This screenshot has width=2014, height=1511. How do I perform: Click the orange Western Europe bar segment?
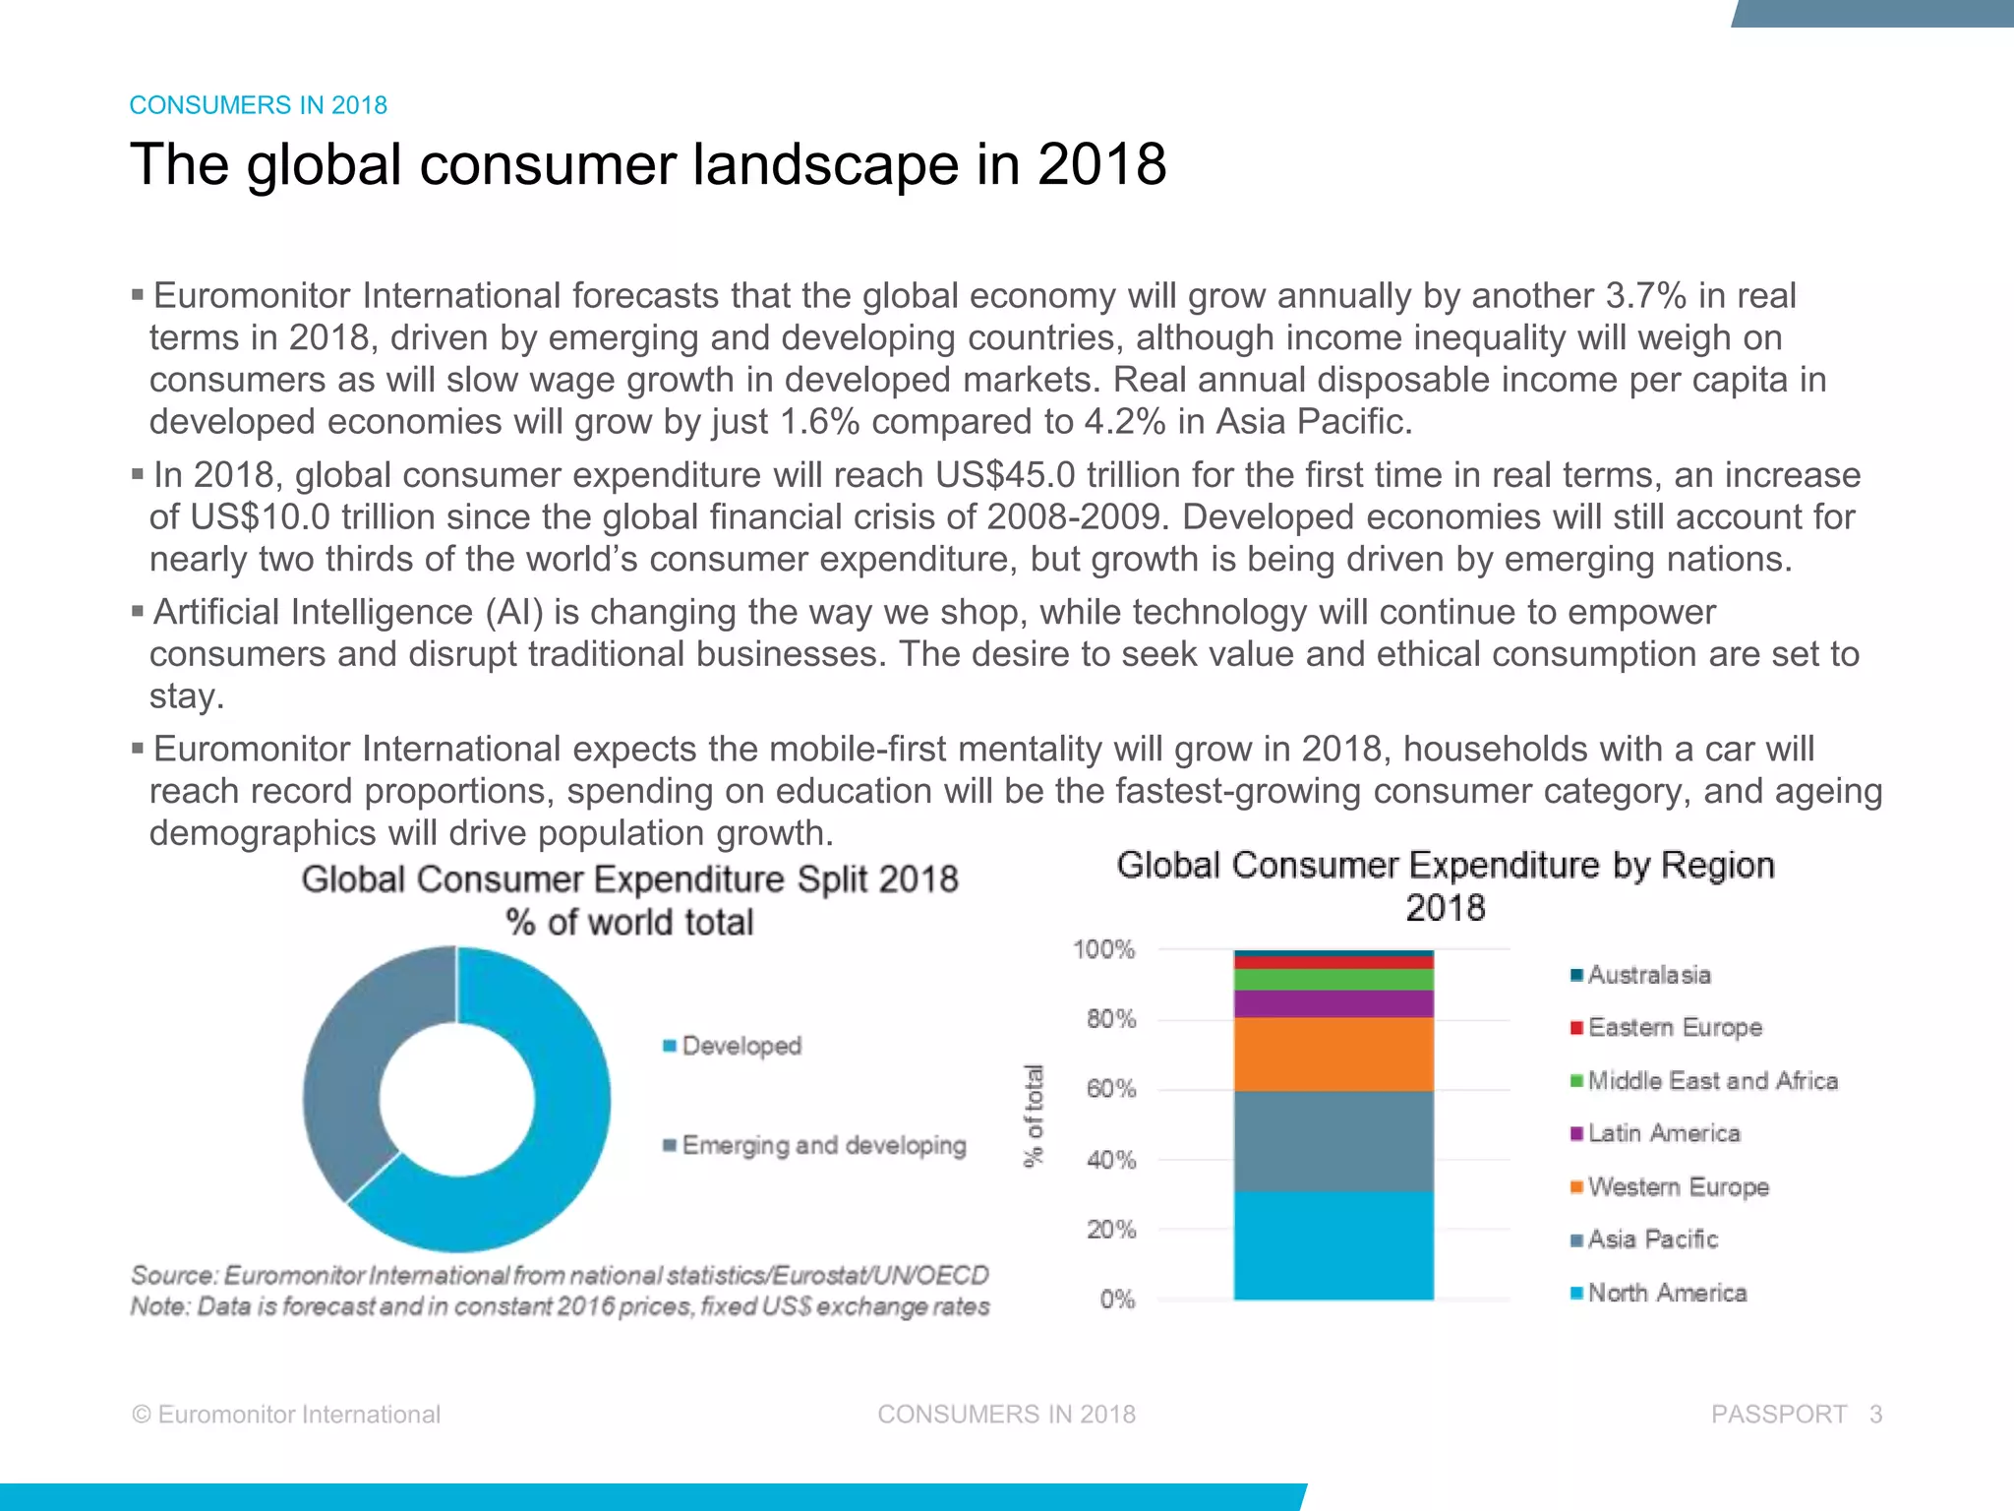(1333, 1054)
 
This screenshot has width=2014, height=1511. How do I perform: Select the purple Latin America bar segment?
(1333, 1003)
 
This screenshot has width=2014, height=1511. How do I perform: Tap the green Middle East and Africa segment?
(1333, 979)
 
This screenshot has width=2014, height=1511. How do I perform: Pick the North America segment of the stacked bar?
(1333, 1245)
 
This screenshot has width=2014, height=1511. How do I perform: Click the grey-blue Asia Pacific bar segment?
(1333, 1141)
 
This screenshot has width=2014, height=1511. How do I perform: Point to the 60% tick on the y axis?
(1111, 1089)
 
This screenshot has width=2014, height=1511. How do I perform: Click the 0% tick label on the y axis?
(1117, 1299)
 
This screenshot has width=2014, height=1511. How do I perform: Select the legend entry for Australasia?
(1648, 975)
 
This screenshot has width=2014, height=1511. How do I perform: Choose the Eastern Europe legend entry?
(1674, 1027)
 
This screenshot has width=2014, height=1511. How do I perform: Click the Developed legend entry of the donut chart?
(740, 1046)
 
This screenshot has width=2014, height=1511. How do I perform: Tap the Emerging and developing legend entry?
(823, 1145)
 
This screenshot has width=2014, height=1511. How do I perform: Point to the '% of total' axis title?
(1033, 1116)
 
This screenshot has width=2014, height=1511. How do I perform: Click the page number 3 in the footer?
(1875, 1414)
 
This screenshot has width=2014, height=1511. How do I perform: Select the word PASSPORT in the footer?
(1778, 1414)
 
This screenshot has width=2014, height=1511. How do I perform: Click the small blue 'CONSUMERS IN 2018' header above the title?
(259, 105)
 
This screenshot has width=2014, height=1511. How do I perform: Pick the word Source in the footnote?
(172, 1275)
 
